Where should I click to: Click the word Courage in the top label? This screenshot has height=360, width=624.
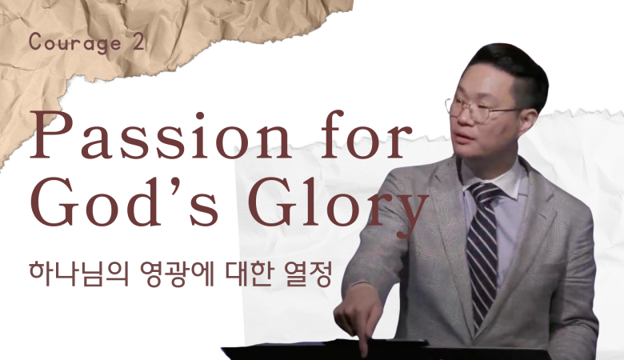pyautogui.click(x=75, y=43)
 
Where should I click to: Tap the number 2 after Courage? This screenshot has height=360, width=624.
pyautogui.click(x=138, y=42)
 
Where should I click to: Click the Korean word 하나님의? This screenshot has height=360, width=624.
pyautogui.click(x=79, y=274)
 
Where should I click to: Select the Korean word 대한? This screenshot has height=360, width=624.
pyautogui.click(x=249, y=274)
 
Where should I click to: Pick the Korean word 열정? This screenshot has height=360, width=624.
pyautogui.click(x=308, y=274)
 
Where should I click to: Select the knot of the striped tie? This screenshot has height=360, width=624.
pyautogui.click(x=485, y=194)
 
